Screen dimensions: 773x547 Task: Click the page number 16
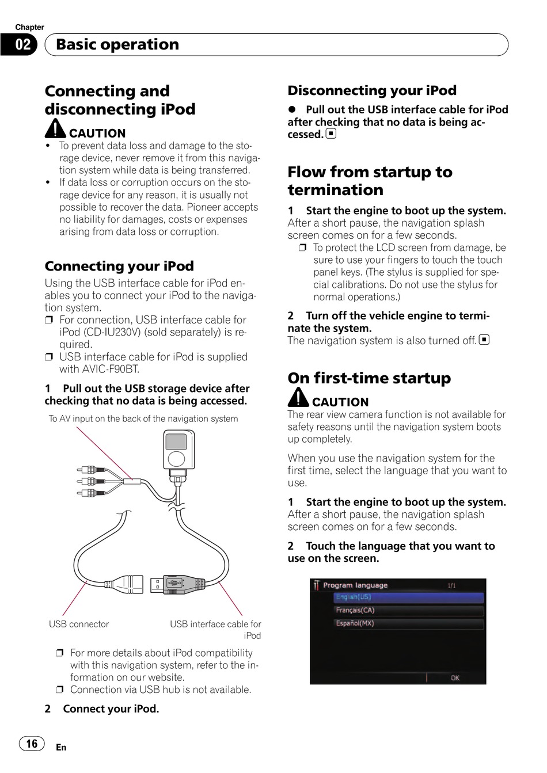coord(32,744)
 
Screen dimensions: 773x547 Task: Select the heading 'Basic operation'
coord(117,44)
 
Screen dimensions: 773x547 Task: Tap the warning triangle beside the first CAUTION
coord(56,128)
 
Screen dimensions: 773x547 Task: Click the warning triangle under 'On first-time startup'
coord(299,397)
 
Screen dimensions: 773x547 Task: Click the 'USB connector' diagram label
coord(79,624)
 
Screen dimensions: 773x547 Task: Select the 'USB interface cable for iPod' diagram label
coord(215,630)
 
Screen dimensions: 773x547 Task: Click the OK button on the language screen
coord(455,677)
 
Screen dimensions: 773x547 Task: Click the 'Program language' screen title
coord(355,585)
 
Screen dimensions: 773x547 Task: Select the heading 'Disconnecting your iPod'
coord(372,90)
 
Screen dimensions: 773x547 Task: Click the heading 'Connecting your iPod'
coord(119,266)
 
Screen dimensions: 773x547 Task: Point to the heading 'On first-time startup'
coord(369,378)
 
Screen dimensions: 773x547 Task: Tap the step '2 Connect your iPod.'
coord(102,709)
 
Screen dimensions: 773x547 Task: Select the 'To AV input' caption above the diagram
coord(143,418)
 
